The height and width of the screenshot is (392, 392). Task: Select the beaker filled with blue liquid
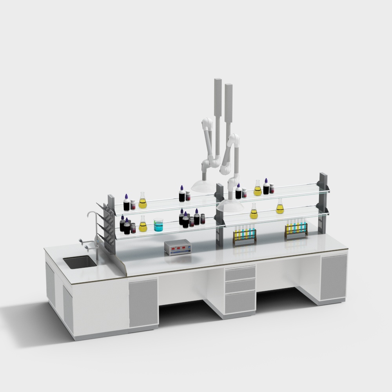158,225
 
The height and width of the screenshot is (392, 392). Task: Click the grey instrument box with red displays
178,248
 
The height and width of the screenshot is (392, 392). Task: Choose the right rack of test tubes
296,230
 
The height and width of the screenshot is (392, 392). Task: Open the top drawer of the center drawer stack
240,273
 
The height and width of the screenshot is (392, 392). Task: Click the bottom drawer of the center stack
240,302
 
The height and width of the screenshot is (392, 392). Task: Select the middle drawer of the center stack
240,286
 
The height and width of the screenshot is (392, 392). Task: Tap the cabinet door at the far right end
334,278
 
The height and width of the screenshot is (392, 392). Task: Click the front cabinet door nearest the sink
143,302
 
